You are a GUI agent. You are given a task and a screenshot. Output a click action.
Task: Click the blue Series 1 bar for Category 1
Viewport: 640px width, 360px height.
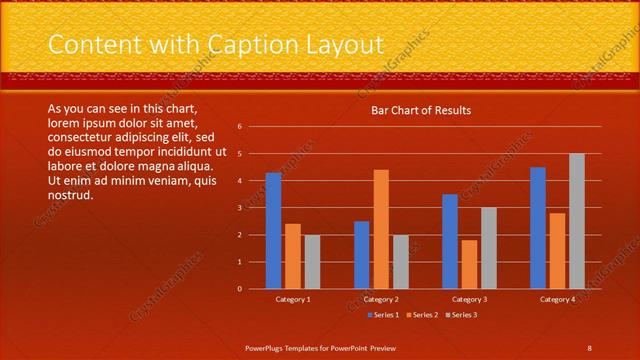click(273, 231)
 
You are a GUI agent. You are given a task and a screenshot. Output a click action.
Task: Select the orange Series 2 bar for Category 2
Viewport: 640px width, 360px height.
click(381, 229)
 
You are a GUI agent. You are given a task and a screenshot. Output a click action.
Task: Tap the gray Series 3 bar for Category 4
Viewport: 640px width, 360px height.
click(577, 221)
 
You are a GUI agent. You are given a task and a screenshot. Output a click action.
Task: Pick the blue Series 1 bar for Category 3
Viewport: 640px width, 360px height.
click(450, 241)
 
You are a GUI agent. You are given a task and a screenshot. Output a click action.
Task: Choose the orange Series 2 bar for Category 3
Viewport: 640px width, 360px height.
click(469, 264)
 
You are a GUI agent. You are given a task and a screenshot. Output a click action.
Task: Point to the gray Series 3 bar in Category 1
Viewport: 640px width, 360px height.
click(312, 262)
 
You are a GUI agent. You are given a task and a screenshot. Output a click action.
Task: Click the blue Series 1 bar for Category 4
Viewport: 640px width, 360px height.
click(538, 228)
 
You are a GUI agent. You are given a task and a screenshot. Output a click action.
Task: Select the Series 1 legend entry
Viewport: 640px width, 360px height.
click(385, 316)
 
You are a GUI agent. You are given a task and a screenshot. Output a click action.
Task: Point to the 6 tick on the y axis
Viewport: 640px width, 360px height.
click(240, 127)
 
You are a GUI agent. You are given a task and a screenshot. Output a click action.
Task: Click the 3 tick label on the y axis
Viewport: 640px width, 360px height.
click(240, 208)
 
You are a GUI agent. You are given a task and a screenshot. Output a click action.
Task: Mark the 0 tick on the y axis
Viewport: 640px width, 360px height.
click(240, 289)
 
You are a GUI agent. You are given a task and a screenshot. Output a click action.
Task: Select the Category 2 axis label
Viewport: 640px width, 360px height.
click(381, 299)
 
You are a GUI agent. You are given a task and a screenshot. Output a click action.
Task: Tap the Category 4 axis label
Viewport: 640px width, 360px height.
click(558, 299)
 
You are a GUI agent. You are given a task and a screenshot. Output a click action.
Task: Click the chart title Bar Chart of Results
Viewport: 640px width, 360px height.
click(421, 110)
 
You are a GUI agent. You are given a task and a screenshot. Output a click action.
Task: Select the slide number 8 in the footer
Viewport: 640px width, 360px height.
click(589, 347)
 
